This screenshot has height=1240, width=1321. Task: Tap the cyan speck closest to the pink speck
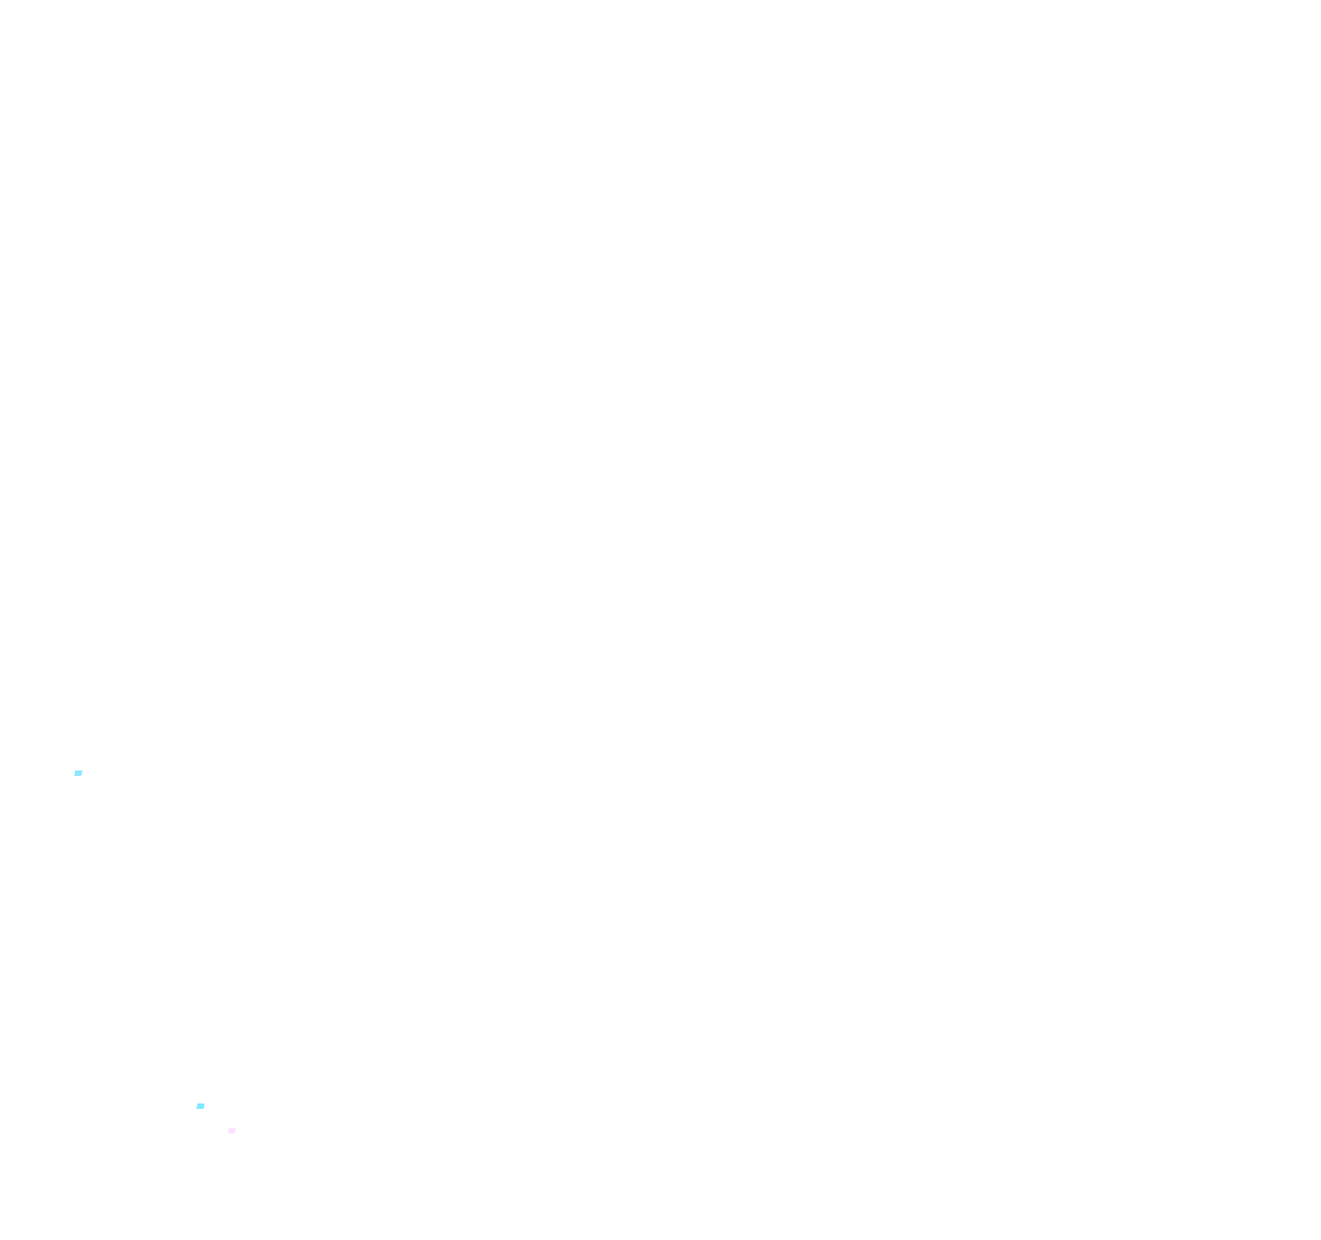pyautogui.click(x=201, y=1105)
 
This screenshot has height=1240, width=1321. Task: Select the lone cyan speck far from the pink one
pyautogui.click(x=78, y=773)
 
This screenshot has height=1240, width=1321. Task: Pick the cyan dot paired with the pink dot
pyautogui.click(x=201, y=1105)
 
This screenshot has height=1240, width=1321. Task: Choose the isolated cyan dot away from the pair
pyautogui.click(x=78, y=773)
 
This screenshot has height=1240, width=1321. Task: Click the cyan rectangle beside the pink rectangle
pyautogui.click(x=201, y=1105)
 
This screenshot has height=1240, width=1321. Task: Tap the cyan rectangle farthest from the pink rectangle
pyautogui.click(x=78, y=773)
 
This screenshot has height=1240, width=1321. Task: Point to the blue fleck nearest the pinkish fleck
pyautogui.click(x=201, y=1105)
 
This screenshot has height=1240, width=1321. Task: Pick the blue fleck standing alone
pyautogui.click(x=78, y=773)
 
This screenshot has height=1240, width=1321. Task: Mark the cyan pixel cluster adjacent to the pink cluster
pyautogui.click(x=201, y=1105)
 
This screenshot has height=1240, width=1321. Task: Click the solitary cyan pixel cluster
pyautogui.click(x=78, y=773)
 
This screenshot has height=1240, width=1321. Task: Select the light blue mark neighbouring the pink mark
pyautogui.click(x=201, y=1105)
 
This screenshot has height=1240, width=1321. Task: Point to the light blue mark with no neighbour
pyautogui.click(x=78, y=773)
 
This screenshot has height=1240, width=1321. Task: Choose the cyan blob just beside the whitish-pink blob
pyautogui.click(x=201, y=1105)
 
